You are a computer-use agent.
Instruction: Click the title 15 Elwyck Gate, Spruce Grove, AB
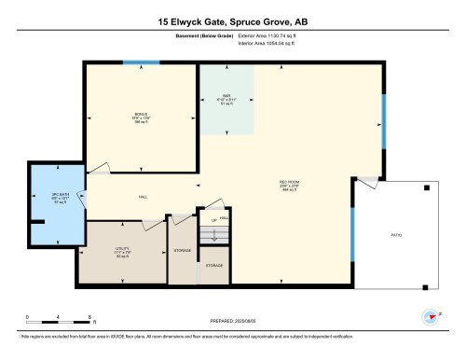(x=232, y=20)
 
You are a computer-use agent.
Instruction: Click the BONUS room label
(x=140, y=115)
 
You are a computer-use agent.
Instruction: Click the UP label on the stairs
(x=214, y=220)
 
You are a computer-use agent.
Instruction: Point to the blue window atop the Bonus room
(x=141, y=62)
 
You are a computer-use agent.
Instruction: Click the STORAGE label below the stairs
(x=214, y=266)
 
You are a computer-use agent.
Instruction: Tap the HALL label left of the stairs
(x=143, y=198)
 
